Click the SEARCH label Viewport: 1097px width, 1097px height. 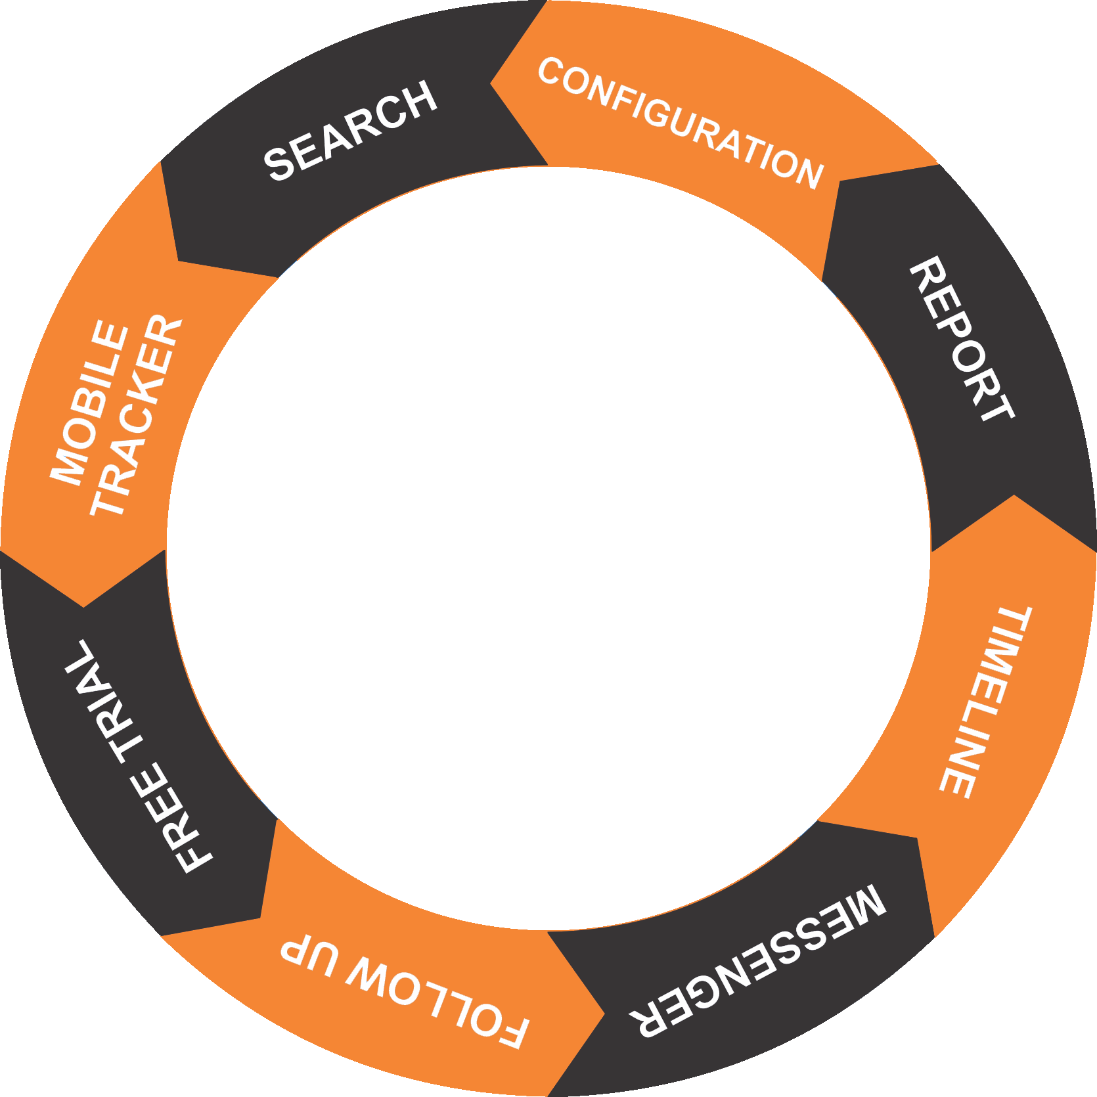[350, 131]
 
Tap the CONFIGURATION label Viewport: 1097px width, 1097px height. [681, 123]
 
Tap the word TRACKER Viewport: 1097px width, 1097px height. [136, 416]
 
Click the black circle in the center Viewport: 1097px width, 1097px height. [548, 548]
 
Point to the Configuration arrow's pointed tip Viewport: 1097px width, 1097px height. [491, 83]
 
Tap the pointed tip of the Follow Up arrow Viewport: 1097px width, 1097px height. [604, 1014]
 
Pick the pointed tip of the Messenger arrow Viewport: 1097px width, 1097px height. [917, 838]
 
